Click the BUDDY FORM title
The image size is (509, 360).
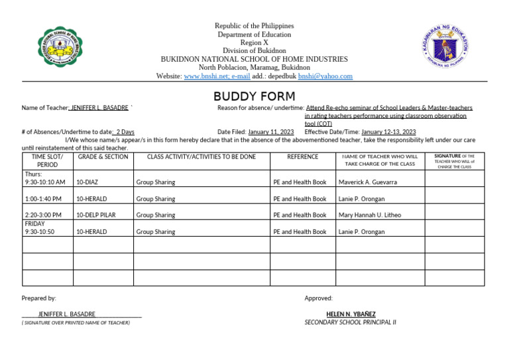[x=254, y=97]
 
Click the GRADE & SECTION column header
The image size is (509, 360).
[x=103, y=156]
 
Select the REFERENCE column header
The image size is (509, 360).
[x=302, y=156]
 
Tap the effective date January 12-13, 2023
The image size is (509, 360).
[x=388, y=132]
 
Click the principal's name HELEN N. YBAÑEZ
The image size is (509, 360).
[x=351, y=314]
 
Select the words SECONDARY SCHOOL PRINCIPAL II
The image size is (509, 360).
[x=350, y=322]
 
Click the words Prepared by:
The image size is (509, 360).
[x=39, y=298]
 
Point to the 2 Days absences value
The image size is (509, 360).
[x=125, y=132]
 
